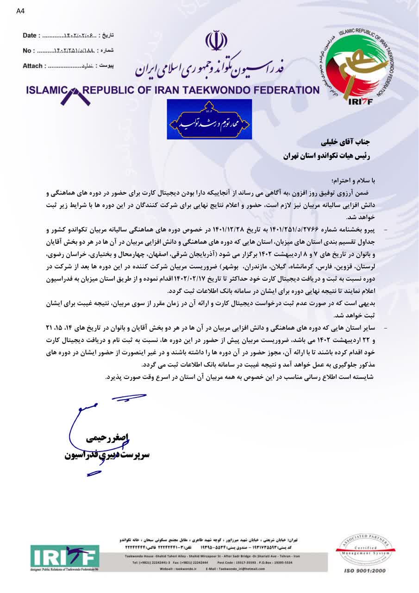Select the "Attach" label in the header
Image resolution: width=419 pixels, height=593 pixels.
click(33, 66)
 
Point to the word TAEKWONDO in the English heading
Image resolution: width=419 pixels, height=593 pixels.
click(217, 90)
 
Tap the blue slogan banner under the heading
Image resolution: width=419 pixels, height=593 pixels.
click(209, 120)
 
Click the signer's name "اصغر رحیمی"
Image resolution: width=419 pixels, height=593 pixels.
click(107, 438)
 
